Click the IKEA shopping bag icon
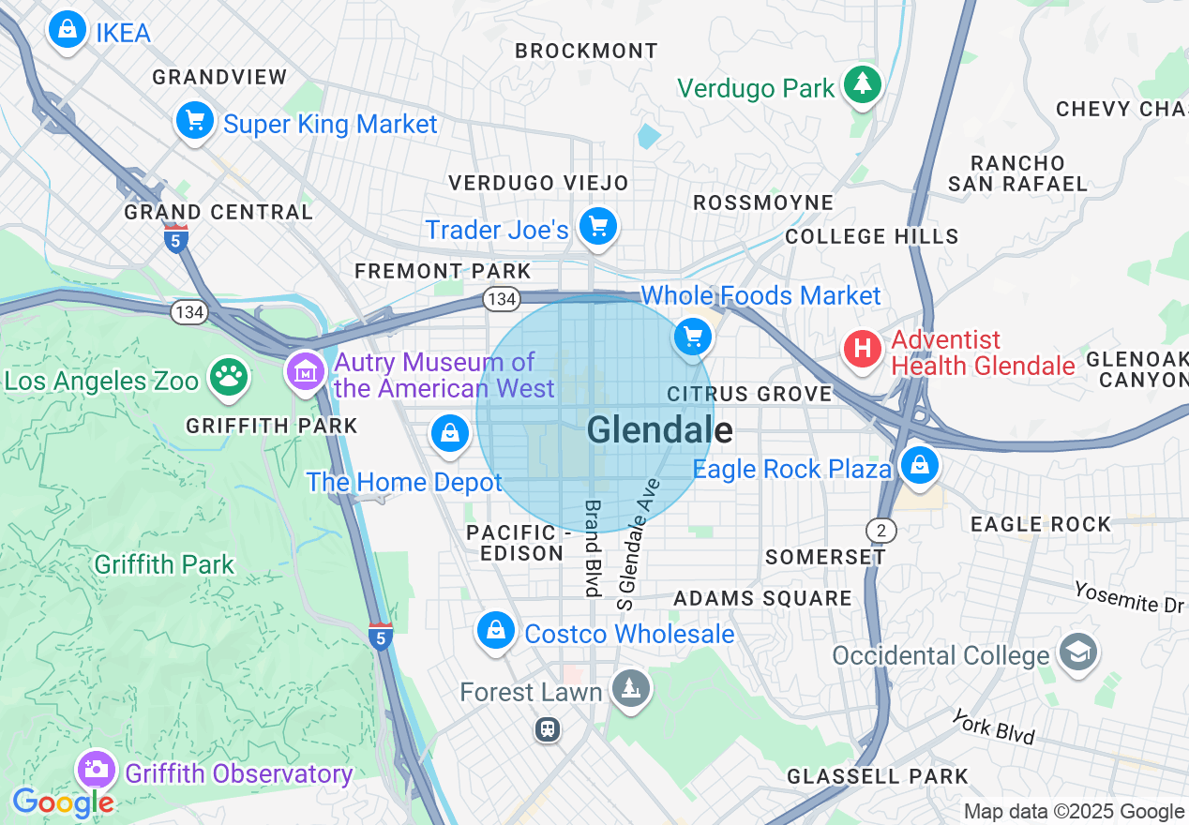click(x=68, y=30)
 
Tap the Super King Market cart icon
click(x=195, y=121)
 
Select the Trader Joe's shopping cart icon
click(x=598, y=226)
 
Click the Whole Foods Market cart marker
click(x=694, y=336)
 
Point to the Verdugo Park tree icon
click(x=862, y=85)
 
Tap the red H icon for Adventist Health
click(x=862, y=350)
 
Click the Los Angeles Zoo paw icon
click(x=229, y=377)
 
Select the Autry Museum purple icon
click(x=306, y=372)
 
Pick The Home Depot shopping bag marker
click(x=450, y=433)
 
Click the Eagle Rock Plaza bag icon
click(x=919, y=465)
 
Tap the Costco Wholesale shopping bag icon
click(x=495, y=631)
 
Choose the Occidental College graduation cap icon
click(x=1078, y=652)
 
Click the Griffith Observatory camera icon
click(x=96, y=770)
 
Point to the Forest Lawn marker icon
click(x=630, y=689)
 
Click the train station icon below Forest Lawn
click(x=548, y=728)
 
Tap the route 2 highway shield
click(x=880, y=530)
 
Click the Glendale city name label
click(x=659, y=430)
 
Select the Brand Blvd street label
click(x=593, y=547)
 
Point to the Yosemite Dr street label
click(x=1131, y=597)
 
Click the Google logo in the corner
click(x=63, y=802)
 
